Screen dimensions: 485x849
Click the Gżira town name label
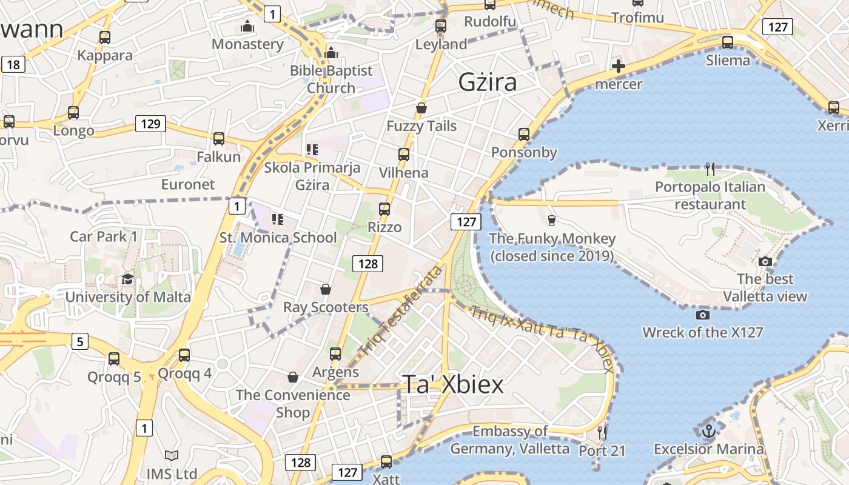tap(488, 82)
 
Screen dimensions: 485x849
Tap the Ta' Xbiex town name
tap(453, 384)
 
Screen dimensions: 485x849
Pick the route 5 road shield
tap(79, 341)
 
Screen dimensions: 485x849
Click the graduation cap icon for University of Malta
tap(127, 279)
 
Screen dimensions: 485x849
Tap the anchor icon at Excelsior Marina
tap(708, 432)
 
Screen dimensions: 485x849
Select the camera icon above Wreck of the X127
tap(703, 315)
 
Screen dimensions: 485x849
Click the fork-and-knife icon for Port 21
tap(602, 432)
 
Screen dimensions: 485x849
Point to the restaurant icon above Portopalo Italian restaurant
tap(710, 169)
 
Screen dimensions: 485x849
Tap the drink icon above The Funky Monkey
tap(551, 220)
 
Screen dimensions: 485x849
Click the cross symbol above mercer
tap(618, 66)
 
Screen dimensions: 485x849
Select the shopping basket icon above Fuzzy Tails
tap(421, 108)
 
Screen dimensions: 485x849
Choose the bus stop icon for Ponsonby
tap(524, 134)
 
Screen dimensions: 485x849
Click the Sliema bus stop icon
tap(728, 42)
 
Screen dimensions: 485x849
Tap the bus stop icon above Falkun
tap(219, 139)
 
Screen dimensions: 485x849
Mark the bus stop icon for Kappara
tap(105, 38)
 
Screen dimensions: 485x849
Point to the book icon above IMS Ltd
tap(172, 455)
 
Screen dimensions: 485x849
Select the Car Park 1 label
tap(104, 236)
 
